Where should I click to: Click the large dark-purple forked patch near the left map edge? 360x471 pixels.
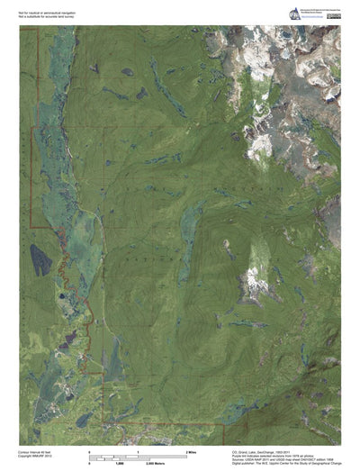click(x=40, y=260)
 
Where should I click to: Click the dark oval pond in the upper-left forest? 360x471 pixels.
click(x=127, y=71)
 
